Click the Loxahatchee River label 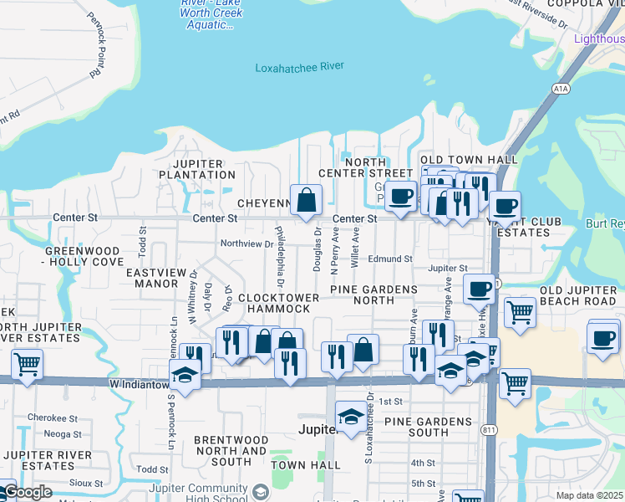click(299, 67)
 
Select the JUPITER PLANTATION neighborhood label click(198, 169)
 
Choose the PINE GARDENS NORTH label click(373, 295)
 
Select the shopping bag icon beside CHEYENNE click(307, 199)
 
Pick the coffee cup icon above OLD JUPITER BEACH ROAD click(480, 289)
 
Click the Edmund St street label click(390, 259)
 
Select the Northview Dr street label click(246, 243)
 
